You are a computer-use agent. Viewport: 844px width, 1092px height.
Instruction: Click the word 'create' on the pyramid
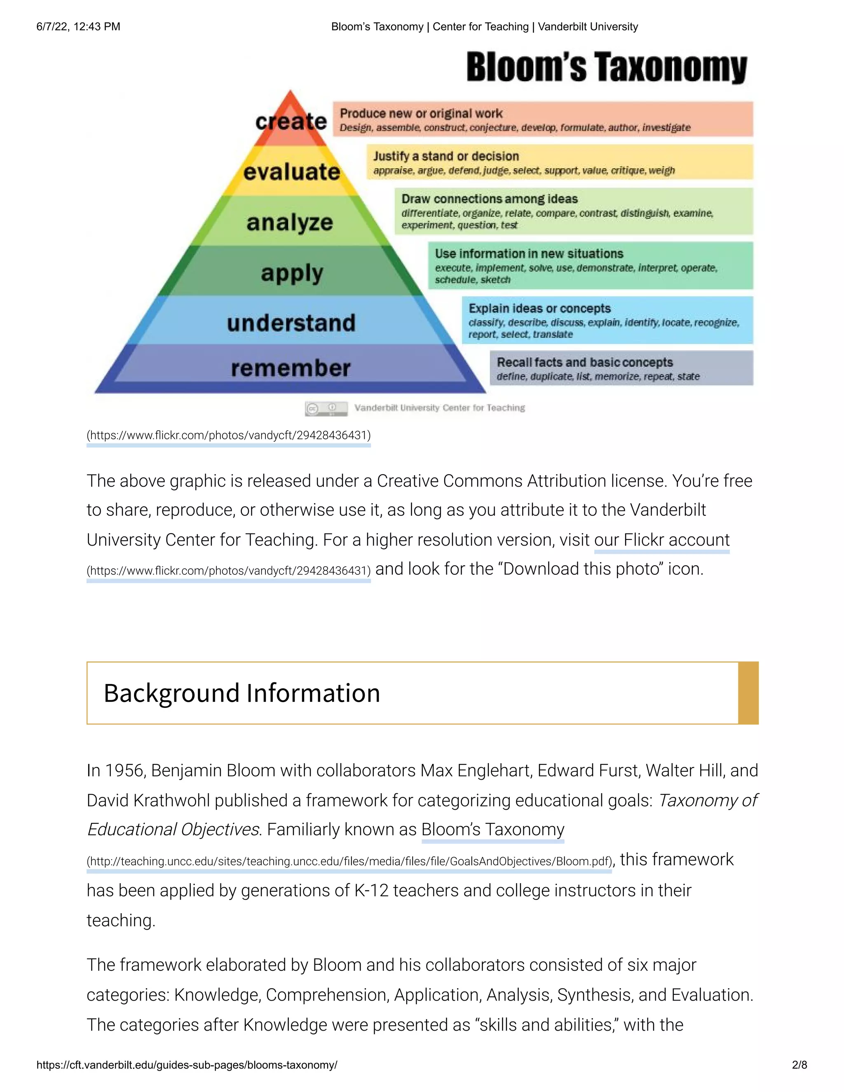coord(291,122)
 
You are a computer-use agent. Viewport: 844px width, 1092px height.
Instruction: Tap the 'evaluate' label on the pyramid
coord(291,172)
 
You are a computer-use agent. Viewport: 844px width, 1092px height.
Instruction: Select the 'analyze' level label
coord(289,222)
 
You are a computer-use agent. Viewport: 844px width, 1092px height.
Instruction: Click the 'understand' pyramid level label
coord(291,323)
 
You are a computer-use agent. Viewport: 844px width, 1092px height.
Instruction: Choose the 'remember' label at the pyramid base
coord(291,368)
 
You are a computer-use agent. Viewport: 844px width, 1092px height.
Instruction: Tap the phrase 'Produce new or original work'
coord(421,113)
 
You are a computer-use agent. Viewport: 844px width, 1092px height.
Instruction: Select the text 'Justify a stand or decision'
coord(446,156)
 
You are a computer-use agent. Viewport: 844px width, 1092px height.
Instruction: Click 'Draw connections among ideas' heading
coord(490,199)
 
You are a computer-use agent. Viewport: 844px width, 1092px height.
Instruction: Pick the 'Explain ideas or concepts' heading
coord(539,308)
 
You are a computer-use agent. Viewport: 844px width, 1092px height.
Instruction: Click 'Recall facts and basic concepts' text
coord(584,362)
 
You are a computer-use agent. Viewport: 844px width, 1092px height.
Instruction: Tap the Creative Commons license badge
coord(326,408)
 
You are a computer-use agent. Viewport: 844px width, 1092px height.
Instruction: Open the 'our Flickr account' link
coord(661,540)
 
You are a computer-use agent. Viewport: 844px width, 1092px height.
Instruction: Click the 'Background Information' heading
coord(242,693)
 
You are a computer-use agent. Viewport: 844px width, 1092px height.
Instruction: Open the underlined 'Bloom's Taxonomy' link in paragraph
coord(492,830)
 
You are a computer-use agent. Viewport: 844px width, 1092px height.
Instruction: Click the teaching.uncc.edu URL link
coord(349,862)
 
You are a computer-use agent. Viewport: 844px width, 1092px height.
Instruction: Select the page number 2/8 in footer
coord(799,1064)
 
